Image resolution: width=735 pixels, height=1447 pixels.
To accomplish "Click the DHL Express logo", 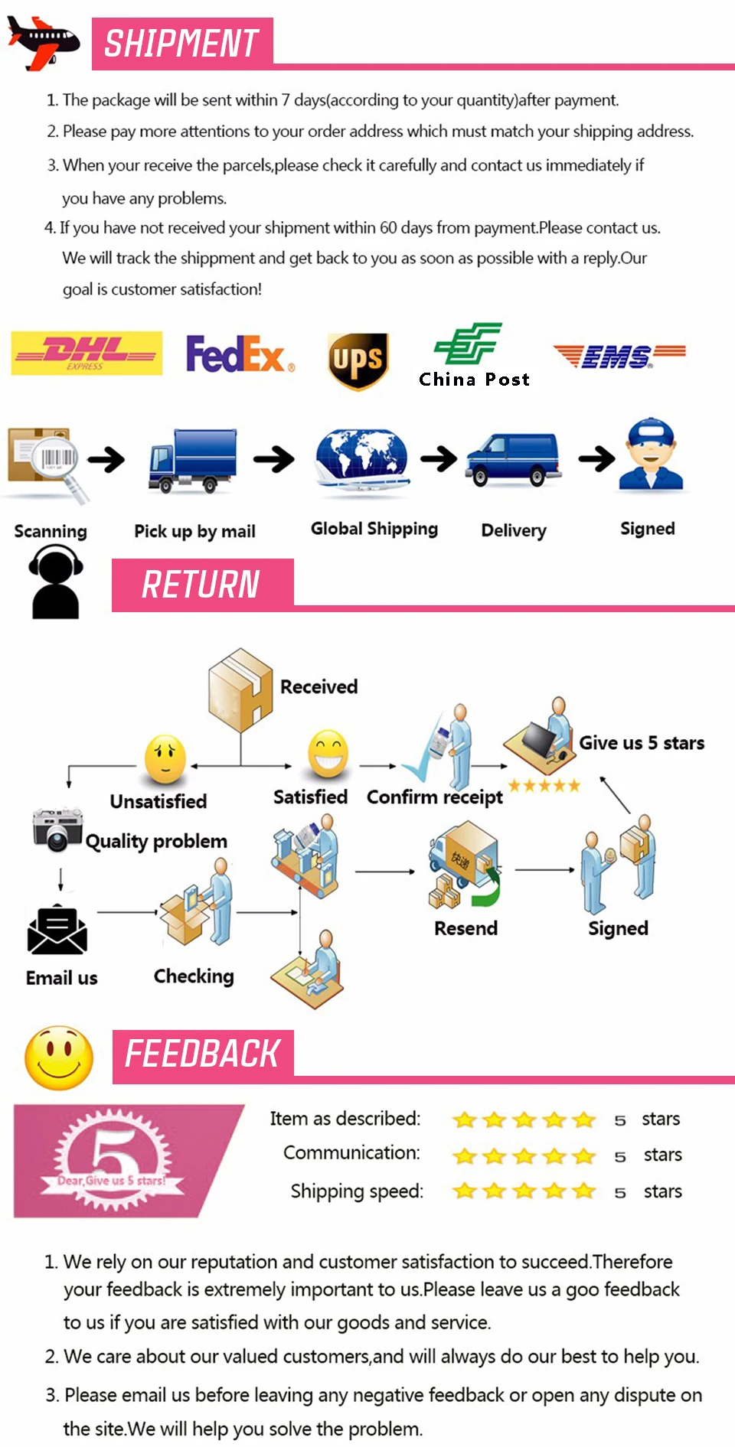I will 87,353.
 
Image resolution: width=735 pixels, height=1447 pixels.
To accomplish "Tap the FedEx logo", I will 239,354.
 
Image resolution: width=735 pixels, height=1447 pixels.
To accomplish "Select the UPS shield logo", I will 358,360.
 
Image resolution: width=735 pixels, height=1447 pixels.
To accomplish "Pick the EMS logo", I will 619,356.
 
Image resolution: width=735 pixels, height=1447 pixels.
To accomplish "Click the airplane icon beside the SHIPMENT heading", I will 43,43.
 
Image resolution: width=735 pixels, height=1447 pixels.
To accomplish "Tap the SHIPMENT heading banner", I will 182,44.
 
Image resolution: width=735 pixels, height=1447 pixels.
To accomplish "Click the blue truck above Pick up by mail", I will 192,461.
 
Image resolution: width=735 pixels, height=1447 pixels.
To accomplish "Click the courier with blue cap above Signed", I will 651,455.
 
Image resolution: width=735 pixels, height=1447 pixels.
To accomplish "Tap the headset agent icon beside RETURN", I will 55,582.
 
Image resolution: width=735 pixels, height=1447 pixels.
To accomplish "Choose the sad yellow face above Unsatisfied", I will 165,759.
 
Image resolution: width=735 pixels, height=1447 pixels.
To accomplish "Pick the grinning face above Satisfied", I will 328,754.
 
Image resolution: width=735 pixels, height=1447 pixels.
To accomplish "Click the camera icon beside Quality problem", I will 57,829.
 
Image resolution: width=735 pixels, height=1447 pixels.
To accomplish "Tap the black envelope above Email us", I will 57,930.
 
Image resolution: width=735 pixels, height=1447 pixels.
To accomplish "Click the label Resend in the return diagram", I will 465,928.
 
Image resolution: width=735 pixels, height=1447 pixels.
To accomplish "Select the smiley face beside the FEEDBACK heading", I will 59,1058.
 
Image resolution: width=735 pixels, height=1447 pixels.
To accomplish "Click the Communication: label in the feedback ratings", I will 351,1153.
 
